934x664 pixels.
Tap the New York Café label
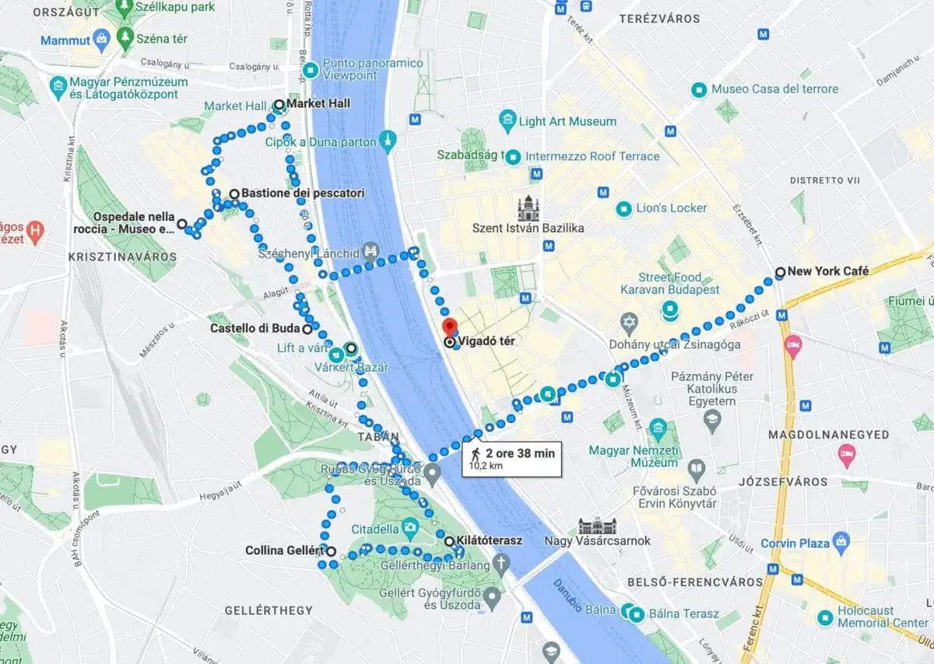click(828, 271)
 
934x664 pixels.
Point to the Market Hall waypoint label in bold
click(318, 103)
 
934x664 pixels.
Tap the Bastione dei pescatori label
click(303, 193)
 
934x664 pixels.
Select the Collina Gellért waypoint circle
click(332, 551)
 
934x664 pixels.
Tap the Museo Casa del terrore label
click(774, 89)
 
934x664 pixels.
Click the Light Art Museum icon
click(508, 121)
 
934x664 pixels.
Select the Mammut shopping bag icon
click(100, 38)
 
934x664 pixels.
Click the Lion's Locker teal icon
click(623, 208)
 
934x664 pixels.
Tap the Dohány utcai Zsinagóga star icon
click(629, 322)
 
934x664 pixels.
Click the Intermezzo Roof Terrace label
click(593, 156)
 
